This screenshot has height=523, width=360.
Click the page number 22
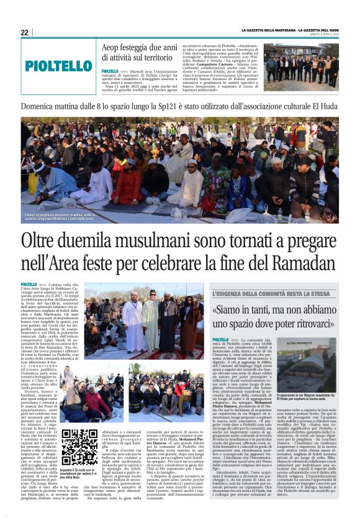point(24,32)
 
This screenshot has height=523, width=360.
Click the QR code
point(79,447)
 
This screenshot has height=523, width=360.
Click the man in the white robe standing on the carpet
point(133,317)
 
